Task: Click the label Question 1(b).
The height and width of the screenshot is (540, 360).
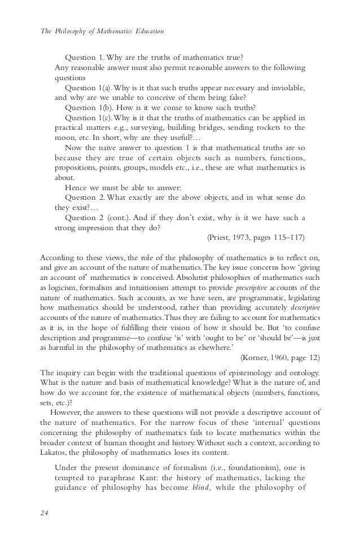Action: [x=90, y=107]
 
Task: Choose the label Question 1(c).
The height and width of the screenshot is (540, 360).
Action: [x=90, y=117]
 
